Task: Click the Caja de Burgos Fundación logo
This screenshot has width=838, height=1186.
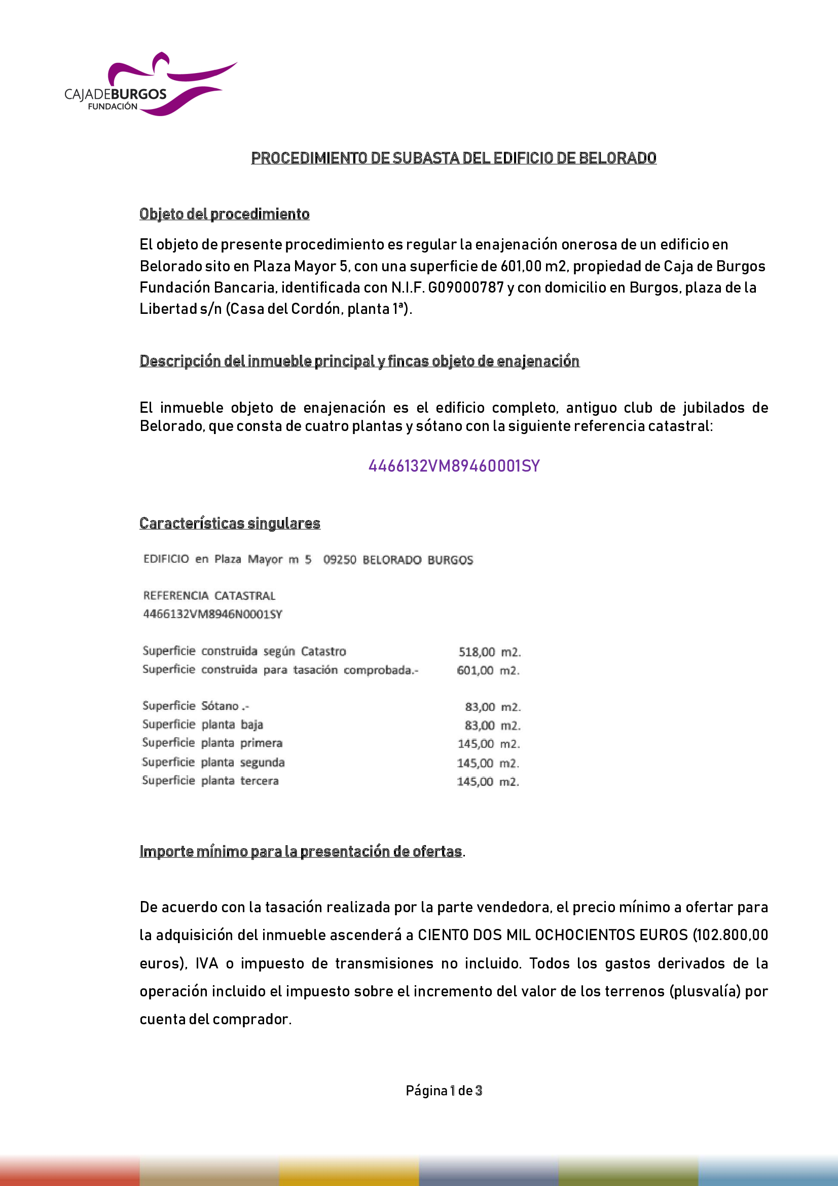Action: [x=150, y=85]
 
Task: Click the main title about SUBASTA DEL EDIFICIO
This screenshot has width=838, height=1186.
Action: [x=453, y=158]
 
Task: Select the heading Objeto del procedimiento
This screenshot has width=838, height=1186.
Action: [x=225, y=214]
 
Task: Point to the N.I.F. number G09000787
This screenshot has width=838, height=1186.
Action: [x=466, y=287]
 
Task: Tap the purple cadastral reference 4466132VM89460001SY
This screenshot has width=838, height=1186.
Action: [x=454, y=466]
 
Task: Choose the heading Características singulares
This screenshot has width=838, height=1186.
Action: [x=230, y=523]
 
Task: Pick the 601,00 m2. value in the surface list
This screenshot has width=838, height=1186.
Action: [x=488, y=670]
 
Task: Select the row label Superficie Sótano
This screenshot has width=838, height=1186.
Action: [x=196, y=706]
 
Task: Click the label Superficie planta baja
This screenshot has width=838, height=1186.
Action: [x=202, y=725]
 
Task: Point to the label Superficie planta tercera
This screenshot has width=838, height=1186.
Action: [x=210, y=780]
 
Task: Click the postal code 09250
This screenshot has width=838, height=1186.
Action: [x=339, y=560]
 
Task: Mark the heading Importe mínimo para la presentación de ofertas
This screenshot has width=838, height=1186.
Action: [x=301, y=851]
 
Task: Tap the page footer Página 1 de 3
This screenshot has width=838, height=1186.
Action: [x=444, y=1091]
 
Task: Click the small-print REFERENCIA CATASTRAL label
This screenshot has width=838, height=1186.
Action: [x=209, y=596]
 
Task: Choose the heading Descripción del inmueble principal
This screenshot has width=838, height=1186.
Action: [x=359, y=361]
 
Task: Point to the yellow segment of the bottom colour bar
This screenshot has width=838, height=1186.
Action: [x=349, y=1171]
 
